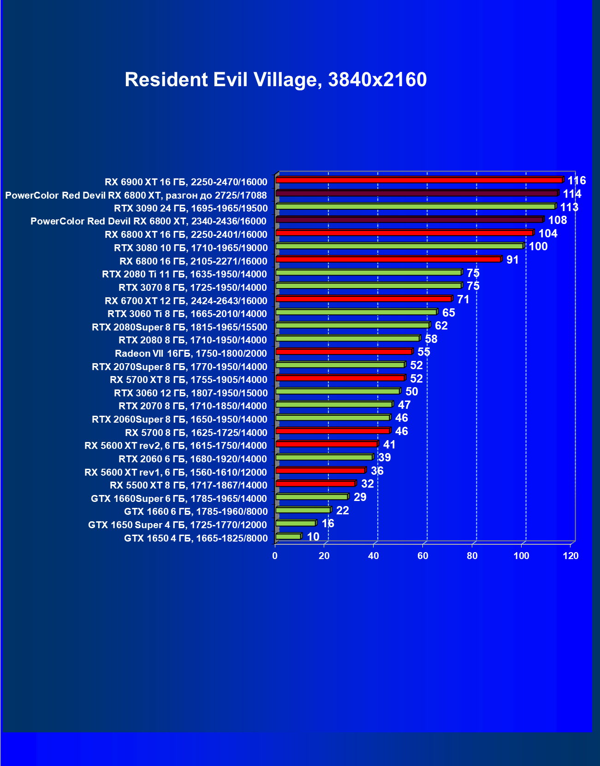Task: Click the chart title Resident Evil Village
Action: [x=275, y=80]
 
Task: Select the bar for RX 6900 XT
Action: [x=419, y=180]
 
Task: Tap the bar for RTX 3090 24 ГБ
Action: [x=415, y=206]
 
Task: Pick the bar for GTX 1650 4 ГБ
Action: [x=288, y=536]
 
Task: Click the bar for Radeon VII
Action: [x=344, y=352]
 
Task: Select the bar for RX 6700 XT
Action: [x=363, y=299]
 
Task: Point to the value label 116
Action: [x=576, y=181]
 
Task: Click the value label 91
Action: [x=512, y=260]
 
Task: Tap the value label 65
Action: [x=448, y=313]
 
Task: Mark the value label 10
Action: [x=313, y=537]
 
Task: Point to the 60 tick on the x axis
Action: [x=423, y=556]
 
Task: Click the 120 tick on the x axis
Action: [x=570, y=556]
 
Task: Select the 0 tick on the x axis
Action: [x=275, y=556]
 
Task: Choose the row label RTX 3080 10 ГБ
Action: [x=190, y=248]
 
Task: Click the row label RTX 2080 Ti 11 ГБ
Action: [x=184, y=274]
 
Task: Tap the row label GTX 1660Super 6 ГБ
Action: [x=178, y=499]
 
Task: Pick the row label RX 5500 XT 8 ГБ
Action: [x=188, y=485]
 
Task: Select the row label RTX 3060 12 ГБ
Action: [x=190, y=393]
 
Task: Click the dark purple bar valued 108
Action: [x=410, y=220]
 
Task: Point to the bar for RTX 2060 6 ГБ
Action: [x=324, y=457]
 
